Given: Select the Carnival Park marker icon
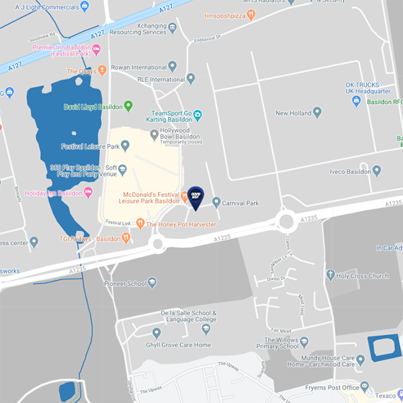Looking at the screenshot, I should point(216,201).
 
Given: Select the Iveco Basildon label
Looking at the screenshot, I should point(350,171).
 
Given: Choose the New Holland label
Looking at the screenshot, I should point(294,114).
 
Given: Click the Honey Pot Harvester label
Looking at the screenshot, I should point(181,224).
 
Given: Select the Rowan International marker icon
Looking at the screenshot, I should point(173,66).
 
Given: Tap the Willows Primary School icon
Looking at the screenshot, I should point(304,341).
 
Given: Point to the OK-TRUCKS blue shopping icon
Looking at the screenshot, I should point(357,101).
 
